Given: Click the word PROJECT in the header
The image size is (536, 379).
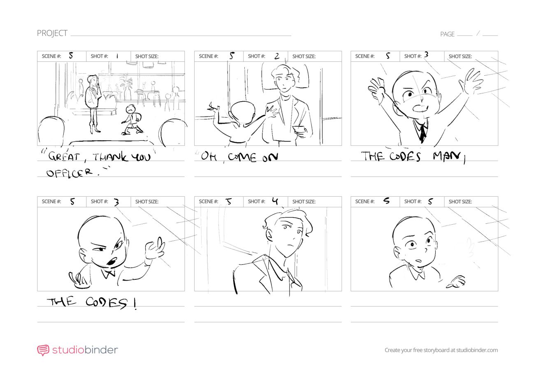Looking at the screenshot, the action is tap(52, 33).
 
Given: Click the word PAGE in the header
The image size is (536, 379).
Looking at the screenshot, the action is tap(447, 34).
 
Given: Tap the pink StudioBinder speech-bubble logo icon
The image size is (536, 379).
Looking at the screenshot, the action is tap(43, 350).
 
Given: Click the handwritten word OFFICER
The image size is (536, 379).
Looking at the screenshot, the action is tap(70, 172).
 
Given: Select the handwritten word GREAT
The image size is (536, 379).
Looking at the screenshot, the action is tap(64, 157).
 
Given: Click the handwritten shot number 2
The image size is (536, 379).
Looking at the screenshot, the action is tap(277, 56).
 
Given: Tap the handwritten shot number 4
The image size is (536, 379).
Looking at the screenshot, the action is tap(275, 201).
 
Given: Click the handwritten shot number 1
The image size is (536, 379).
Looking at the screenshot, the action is tap(117, 56).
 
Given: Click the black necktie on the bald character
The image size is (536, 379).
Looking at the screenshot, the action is tap(422, 133).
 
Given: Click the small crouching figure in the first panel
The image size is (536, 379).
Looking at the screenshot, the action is tap(132, 120).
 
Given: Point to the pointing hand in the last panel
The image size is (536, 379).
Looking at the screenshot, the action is tap(456, 282).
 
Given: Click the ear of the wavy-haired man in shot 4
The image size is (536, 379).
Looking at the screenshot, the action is tap(269, 235).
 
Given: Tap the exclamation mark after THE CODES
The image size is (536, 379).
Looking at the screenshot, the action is tap(135, 304).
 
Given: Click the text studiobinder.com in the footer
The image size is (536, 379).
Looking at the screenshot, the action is tap(477, 350).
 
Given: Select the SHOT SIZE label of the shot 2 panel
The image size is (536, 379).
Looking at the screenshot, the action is tap(304, 56).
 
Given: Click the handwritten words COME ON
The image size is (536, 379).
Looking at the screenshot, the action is tap(253, 157).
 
